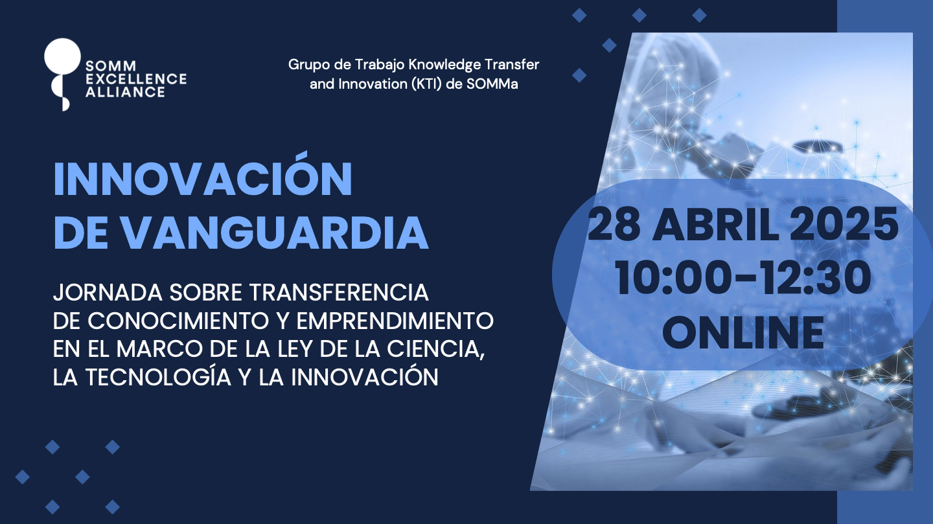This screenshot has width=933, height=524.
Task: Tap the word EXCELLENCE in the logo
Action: [x=136, y=79]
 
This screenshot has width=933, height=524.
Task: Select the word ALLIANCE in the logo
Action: [x=126, y=92]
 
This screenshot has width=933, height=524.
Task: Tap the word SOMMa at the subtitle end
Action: [x=492, y=84]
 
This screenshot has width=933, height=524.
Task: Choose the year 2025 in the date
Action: [x=844, y=225]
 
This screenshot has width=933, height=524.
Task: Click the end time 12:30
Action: [x=816, y=277]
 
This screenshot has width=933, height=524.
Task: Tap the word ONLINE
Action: [x=744, y=332]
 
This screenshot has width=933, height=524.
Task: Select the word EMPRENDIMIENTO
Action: [x=395, y=321]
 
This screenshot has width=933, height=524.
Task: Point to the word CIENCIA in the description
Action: [x=435, y=349]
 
